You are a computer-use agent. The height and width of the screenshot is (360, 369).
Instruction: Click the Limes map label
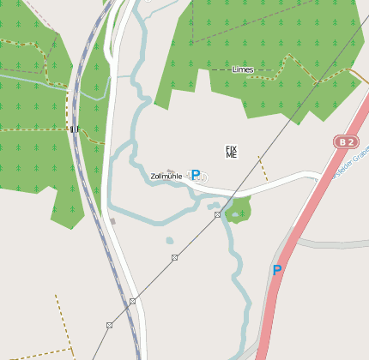click(x=243, y=69)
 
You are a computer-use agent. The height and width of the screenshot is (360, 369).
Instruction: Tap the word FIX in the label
click(x=231, y=148)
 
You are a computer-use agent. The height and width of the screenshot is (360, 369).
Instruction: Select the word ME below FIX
click(x=231, y=155)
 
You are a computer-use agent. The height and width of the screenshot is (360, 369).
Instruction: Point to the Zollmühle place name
click(x=166, y=177)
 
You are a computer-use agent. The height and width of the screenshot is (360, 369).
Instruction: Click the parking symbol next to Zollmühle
click(x=196, y=175)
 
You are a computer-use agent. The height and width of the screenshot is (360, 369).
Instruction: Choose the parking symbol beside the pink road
click(x=276, y=270)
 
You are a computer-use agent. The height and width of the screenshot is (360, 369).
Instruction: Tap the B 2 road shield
click(x=344, y=141)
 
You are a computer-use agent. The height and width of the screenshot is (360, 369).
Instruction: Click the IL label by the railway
click(x=75, y=129)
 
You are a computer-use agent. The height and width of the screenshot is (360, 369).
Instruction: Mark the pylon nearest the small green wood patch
click(x=218, y=214)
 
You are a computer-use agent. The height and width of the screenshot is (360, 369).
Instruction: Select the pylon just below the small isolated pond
click(x=174, y=257)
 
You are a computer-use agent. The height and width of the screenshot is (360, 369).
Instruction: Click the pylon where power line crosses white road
click(x=132, y=301)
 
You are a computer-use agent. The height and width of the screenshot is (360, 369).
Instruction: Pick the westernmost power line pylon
click(x=109, y=325)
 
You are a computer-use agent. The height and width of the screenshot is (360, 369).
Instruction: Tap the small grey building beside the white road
click(x=112, y=221)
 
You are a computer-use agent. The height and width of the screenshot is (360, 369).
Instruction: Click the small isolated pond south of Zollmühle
click(x=170, y=241)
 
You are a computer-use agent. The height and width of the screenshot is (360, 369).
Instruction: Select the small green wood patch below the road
click(x=239, y=208)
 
